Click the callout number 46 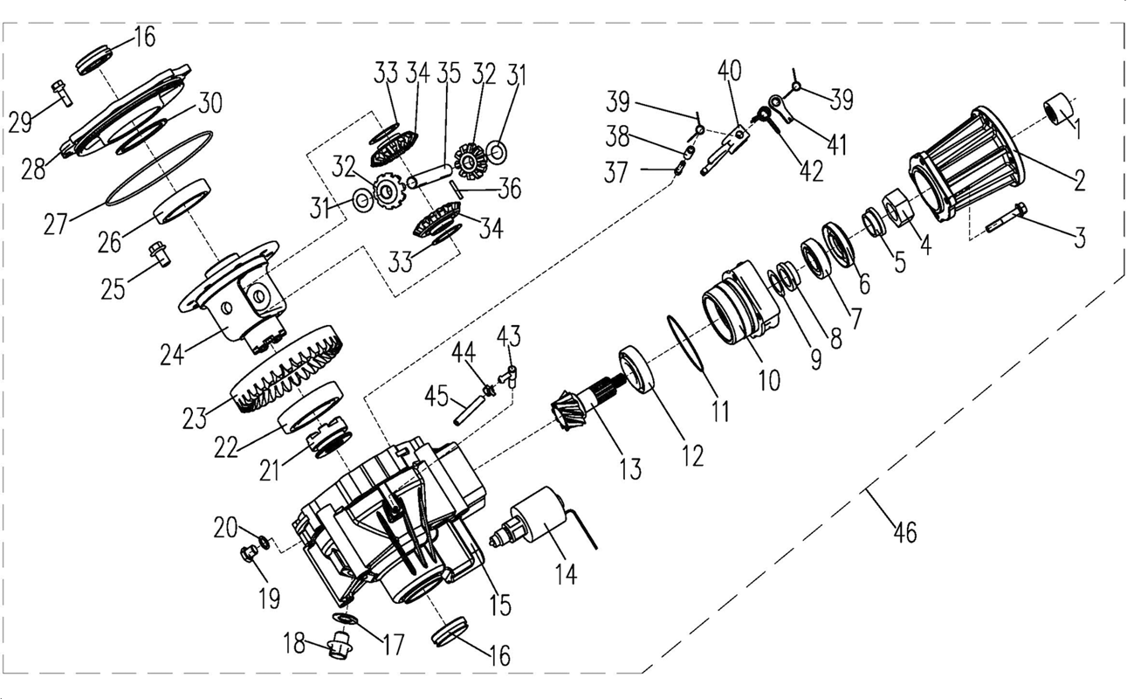905,532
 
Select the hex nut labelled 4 898,207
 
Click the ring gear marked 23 287,369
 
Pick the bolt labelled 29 61,93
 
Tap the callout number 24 172,354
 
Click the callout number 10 769,380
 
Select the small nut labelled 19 248,554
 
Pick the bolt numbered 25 159,254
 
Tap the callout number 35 450,74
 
